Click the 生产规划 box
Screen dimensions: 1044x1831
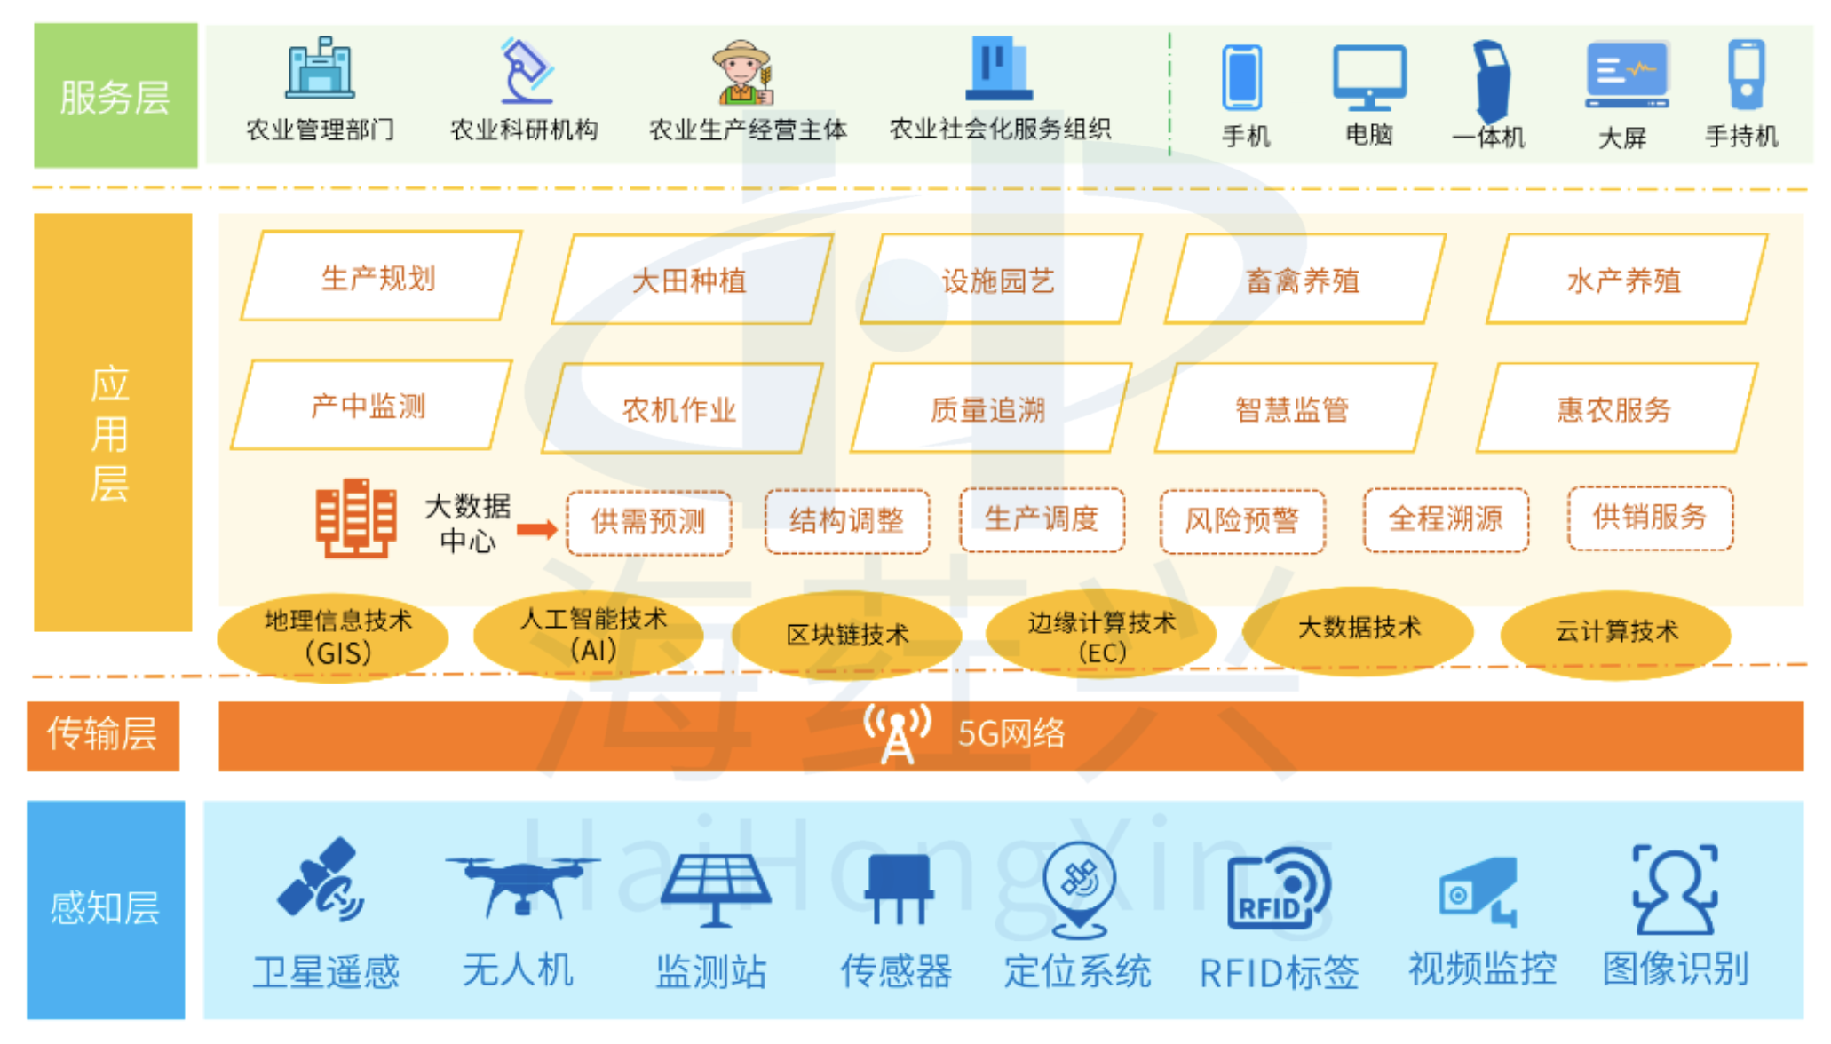(380, 277)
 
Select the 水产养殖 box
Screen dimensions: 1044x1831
(1625, 281)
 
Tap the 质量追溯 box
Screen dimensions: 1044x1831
(989, 409)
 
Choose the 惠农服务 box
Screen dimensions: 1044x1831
(1615, 409)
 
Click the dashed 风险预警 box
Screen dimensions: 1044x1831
(1242, 520)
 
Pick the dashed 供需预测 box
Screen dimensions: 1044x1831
(649, 522)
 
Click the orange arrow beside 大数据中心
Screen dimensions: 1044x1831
(536, 530)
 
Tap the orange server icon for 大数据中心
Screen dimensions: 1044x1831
(355, 518)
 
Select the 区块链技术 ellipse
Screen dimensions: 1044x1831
(848, 634)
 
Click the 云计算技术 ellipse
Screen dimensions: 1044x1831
(1616, 632)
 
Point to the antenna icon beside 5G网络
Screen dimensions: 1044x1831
(898, 733)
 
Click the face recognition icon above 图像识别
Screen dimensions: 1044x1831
(1675, 889)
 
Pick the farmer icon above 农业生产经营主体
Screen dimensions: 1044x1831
(742, 72)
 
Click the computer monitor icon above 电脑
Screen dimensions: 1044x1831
(1369, 76)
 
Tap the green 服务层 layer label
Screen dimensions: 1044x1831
(115, 96)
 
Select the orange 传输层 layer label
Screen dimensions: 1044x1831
(103, 735)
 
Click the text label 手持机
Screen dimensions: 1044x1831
(1741, 137)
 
